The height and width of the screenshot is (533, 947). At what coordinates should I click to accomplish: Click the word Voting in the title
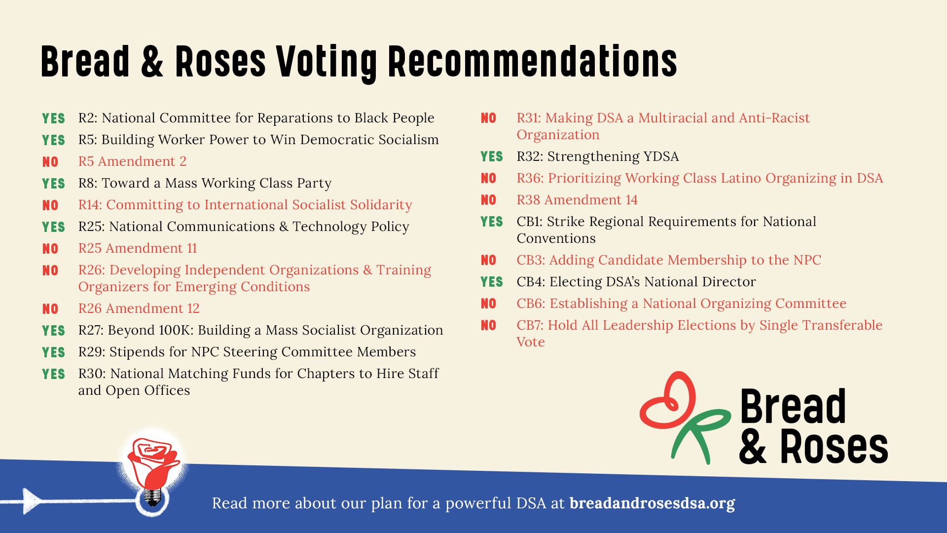tap(326, 62)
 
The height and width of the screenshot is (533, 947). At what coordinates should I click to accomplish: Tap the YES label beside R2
tap(53, 119)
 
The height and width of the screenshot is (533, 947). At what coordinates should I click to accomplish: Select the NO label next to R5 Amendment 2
tap(50, 162)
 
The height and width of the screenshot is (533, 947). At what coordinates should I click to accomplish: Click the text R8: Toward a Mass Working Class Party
tap(205, 183)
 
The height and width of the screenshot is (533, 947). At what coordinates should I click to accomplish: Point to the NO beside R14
tap(50, 206)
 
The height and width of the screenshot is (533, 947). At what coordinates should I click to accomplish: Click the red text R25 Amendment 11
tap(138, 248)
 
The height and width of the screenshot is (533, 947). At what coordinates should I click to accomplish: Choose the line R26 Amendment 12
tap(139, 308)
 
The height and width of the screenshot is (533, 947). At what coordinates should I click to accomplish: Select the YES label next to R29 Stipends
tap(53, 353)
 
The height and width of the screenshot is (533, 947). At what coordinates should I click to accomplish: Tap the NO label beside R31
tap(488, 118)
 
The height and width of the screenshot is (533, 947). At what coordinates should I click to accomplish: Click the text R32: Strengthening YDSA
tap(597, 156)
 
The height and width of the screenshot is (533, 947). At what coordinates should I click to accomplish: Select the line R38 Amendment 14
tap(577, 200)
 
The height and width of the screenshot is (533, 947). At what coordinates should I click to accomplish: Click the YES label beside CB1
tap(492, 222)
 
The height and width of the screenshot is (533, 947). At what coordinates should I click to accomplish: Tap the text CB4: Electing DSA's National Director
tap(636, 282)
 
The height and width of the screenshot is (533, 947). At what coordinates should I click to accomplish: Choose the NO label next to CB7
tap(488, 326)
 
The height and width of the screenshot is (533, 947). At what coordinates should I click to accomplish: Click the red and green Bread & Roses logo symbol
tap(683, 417)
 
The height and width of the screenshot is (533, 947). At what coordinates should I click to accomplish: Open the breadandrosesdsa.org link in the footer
tap(652, 503)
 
